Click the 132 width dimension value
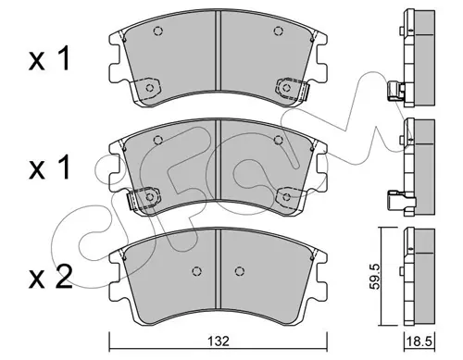219,341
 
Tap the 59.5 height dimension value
375,276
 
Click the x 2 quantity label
51,277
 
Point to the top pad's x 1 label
49,58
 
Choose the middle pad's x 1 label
49,168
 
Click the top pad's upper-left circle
158,31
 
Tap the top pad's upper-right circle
279,31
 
